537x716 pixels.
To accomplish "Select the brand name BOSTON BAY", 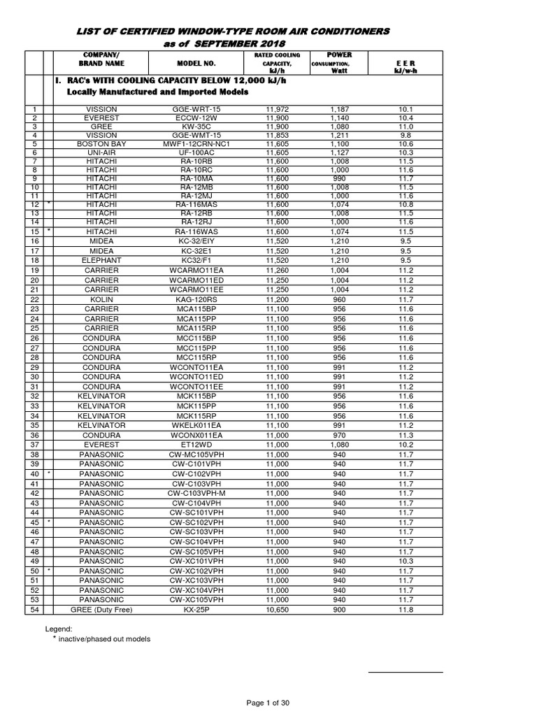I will [x=103, y=143].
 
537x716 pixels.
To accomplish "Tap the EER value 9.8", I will [x=406, y=134].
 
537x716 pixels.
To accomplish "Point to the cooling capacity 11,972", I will [x=277, y=110].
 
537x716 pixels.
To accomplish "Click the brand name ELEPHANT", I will [x=103, y=259].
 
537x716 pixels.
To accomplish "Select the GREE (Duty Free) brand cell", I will [x=103, y=609].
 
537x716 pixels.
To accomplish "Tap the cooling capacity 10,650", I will [x=277, y=609].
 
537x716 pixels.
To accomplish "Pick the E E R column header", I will [x=406, y=66].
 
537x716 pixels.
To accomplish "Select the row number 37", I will [x=33, y=443].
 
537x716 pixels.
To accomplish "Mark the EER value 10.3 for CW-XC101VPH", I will [x=406, y=560].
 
